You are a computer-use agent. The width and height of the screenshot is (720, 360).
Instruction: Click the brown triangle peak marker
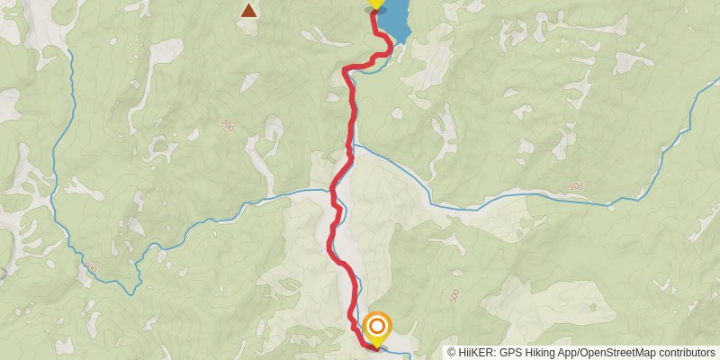pyautogui.click(x=248, y=11)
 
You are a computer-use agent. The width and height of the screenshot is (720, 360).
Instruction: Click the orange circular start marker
pyautogui.click(x=378, y=327)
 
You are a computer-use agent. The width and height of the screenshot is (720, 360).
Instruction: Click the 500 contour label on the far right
pyautogui.click(x=575, y=186)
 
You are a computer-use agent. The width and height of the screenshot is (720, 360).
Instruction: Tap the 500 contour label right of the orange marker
pyautogui.click(x=454, y=296)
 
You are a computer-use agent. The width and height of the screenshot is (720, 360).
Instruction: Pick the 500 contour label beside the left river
pyautogui.click(x=90, y=267)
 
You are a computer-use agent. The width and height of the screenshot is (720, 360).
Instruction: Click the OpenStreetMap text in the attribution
pyautogui.click(x=615, y=353)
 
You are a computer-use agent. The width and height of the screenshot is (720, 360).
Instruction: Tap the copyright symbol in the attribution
pyautogui.click(x=452, y=353)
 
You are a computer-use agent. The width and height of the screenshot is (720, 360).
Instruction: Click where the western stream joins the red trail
pyautogui.click(x=333, y=191)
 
